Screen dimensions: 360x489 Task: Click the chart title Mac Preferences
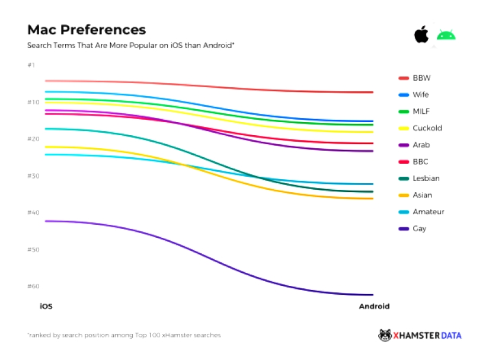click(x=87, y=30)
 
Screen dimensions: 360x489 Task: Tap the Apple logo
click(x=421, y=34)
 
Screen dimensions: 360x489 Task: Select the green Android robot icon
click(x=446, y=35)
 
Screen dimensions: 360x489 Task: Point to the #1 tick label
click(x=31, y=65)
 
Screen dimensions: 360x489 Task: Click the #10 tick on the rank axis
click(x=33, y=102)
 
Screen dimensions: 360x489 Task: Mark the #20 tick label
click(x=33, y=139)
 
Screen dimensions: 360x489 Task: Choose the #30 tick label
click(x=33, y=176)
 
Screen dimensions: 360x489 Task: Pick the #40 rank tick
click(x=33, y=212)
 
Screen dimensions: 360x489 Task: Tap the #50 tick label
click(x=33, y=249)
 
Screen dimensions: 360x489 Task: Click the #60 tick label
click(x=33, y=286)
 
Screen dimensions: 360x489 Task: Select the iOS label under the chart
click(x=46, y=307)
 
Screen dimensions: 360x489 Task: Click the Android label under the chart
click(x=374, y=307)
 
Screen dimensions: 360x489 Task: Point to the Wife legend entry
click(x=420, y=95)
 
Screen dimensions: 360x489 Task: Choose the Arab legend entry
click(x=421, y=145)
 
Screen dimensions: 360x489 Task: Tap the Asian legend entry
click(x=422, y=195)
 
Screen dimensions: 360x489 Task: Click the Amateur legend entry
click(x=428, y=212)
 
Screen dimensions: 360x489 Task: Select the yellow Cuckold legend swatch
click(x=404, y=128)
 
